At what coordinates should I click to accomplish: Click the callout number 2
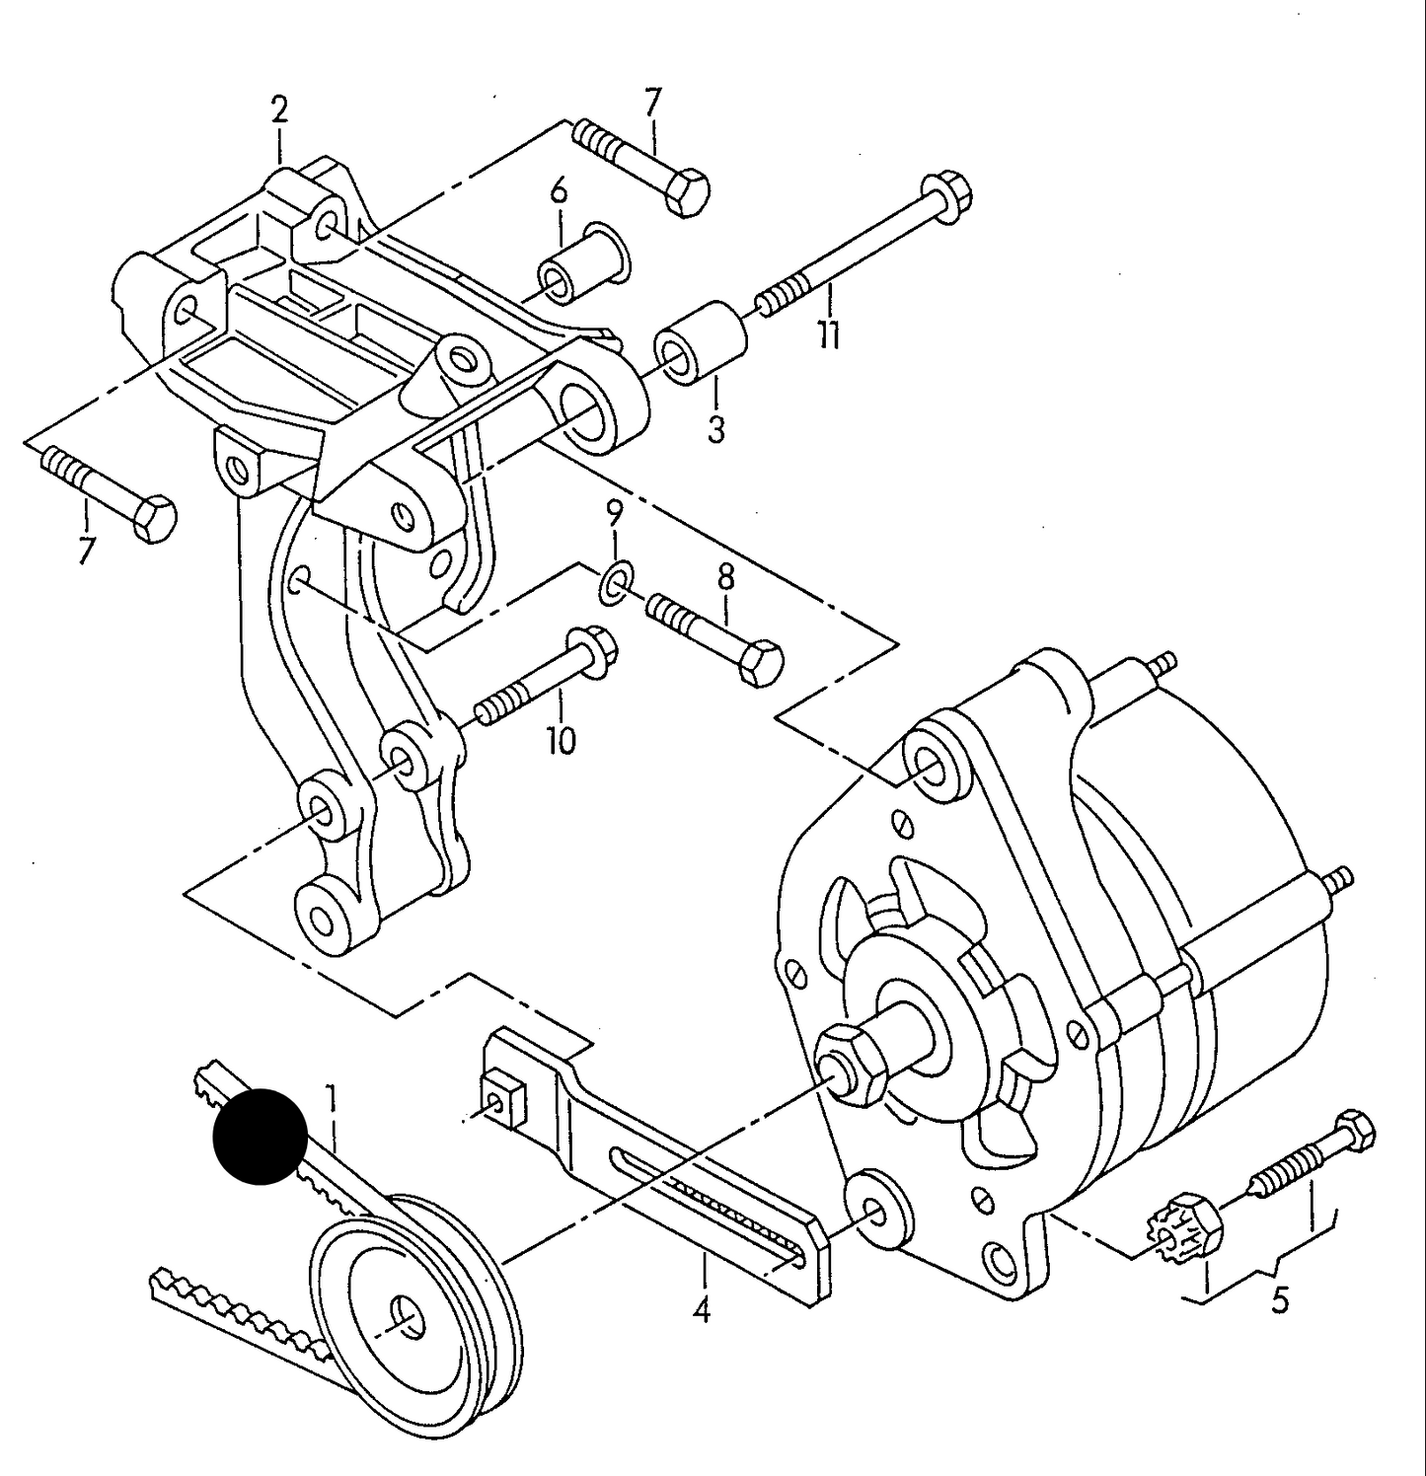click(279, 111)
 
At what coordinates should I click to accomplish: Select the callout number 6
click(559, 189)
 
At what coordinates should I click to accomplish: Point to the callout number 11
click(829, 335)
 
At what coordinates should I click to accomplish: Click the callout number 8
click(726, 578)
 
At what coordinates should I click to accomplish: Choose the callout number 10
click(561, 740)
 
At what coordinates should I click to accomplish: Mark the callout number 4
click(702, 1310)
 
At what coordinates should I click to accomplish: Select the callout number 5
click(1279, 1300)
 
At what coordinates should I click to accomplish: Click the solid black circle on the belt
click(261, 1136)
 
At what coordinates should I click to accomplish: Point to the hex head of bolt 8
click(761, 662)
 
